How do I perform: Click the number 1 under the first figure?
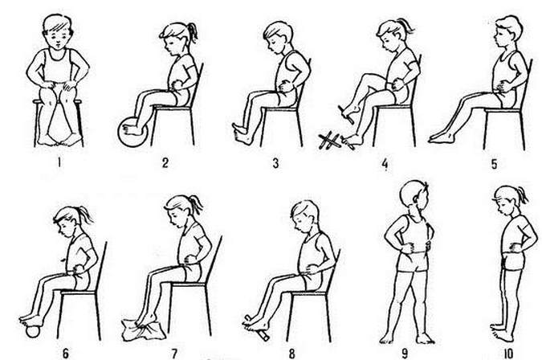(x=59, y=162)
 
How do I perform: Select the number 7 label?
(x=174, y=354)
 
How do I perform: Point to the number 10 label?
(x=508, y=354)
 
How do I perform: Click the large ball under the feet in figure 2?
(x=132, y=132)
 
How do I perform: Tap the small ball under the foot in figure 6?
(x=34, y=331)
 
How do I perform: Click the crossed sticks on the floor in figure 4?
(x=329, y=141)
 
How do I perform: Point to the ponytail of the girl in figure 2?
(x=192, y=32)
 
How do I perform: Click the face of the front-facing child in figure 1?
(x=57, y=37)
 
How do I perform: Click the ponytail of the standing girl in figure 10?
(x=523, y=195)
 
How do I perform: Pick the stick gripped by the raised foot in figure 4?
(x=346, y=115)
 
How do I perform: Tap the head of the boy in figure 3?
(x=278, y=35)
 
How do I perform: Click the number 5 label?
(x=495, y=163)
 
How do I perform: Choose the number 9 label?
(x=405, y=354)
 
